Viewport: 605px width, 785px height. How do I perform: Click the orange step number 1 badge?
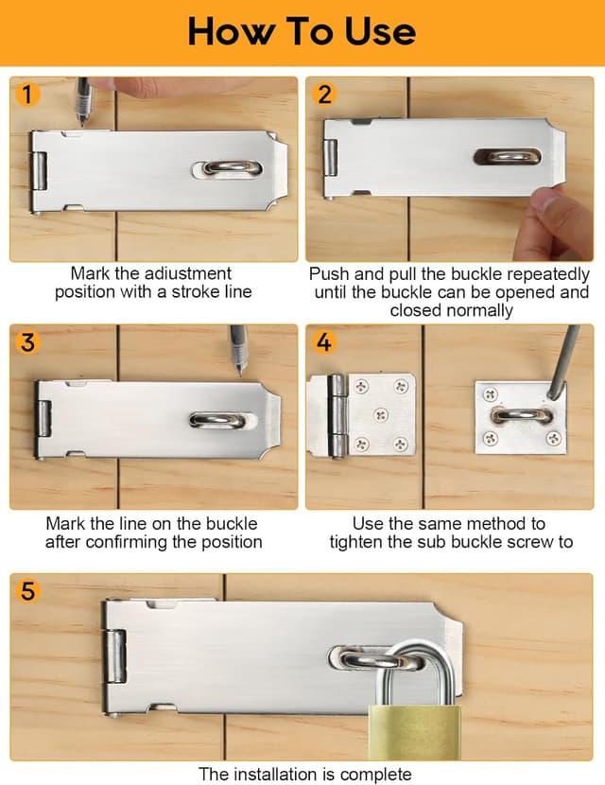point(27,95)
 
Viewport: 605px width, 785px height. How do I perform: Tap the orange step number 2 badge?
point(324,95)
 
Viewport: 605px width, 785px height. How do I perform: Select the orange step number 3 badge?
point(27,342)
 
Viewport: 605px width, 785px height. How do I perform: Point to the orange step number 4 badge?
point(324,342)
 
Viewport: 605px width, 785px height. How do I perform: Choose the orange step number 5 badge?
point(27,591)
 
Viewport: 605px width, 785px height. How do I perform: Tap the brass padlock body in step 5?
point(415,732)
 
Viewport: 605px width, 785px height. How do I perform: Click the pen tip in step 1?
point(82,124)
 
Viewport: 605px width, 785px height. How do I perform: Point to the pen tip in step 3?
point(240,373)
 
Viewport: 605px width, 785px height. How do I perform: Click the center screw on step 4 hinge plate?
point(381,415)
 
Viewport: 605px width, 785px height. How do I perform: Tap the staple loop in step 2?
point(508,157)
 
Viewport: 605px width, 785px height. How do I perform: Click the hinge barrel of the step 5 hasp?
point(115,656)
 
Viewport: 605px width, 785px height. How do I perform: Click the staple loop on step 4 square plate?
point(521,415)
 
